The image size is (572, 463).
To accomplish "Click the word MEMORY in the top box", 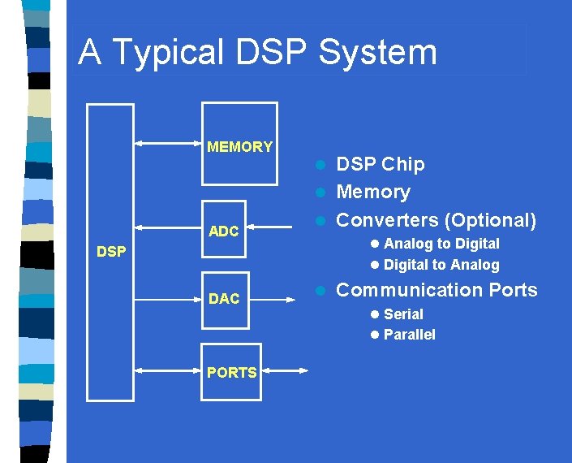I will (239, 147).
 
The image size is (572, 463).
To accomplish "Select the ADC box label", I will (223, 231).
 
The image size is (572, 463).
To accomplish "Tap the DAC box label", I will (223, 299).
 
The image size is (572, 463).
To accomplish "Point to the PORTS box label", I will (231, 373).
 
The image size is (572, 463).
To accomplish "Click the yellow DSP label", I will (111, 252).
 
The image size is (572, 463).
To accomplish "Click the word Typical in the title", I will (168, 53).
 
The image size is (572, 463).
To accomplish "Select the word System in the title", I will (377, 53).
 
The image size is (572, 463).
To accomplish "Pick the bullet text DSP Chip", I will (380, 164).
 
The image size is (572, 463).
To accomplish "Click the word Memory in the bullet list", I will (373, 193).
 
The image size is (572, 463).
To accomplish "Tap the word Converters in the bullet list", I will (387, 220).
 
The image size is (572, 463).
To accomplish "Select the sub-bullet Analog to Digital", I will (441, 244).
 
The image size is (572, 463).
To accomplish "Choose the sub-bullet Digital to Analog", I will (441, 265).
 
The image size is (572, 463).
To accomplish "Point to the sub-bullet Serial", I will (402, 314).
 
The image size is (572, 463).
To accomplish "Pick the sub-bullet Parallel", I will (409, 335).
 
